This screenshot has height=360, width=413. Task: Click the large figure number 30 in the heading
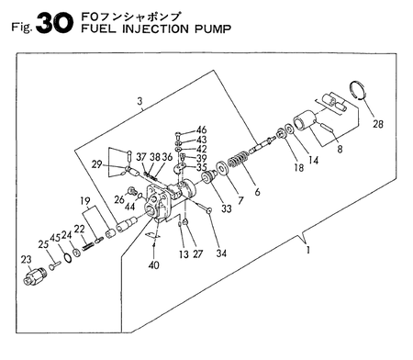coord(55,24)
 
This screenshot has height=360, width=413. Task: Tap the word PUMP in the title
coord(213,29)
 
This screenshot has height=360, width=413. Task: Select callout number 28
coord(378,124)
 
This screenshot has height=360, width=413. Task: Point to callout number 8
coord(340,149)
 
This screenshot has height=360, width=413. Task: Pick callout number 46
coord(201,129)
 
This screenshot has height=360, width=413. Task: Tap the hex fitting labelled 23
coord(35,276)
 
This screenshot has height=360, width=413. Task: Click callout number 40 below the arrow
coord(153,264)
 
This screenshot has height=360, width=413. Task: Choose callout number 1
coord(308,250)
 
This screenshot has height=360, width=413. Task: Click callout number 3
coord(140,101)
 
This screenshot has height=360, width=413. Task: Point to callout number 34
coord(221,253)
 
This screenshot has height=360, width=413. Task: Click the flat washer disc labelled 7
coord(222,168)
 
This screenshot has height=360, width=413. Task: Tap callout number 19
coord(85,201)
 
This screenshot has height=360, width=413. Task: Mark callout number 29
coord(96,164)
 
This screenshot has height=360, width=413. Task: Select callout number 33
coord(227,208)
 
